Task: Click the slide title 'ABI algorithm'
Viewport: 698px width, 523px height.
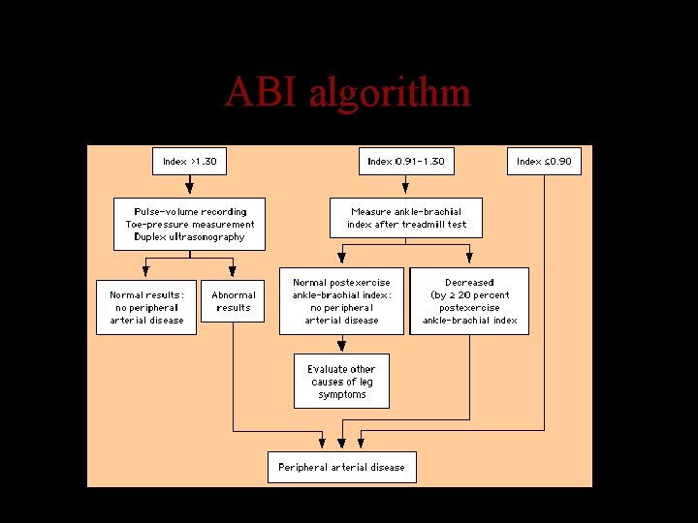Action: click(347, 93)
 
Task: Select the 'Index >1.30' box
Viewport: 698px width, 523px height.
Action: click(190, 161)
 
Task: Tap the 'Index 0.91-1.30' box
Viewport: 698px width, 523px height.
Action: click(406, 161)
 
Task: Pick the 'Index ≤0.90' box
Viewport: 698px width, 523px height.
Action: click(544, 161)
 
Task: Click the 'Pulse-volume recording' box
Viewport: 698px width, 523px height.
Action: click(190, 224)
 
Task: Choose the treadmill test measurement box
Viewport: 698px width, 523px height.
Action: click(406, 218)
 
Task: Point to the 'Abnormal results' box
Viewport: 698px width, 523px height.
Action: click(233, 301)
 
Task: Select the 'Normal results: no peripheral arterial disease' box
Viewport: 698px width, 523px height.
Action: click(146, 307)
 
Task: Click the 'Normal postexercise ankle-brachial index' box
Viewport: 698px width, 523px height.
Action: click(341, 301)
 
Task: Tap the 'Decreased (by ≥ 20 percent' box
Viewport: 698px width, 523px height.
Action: click(469, 301)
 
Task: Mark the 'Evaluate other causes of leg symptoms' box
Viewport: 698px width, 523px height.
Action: click(341, 382)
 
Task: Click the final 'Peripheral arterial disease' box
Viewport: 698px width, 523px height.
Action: click(341, 467)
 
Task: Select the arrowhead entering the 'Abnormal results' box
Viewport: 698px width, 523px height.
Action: click(233, 272)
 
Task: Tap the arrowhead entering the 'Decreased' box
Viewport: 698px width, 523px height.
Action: click(469, 260)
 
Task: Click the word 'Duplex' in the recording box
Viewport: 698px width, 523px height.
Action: click(152, 236)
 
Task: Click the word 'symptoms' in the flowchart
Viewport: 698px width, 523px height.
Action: click(342, 394)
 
